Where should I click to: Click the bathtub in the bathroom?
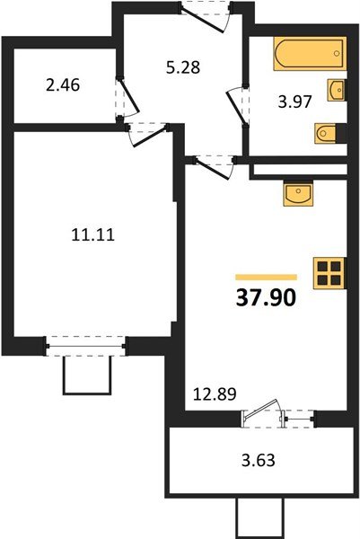(310, 53)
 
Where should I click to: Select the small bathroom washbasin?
(337, 90)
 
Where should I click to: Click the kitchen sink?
(298, 193)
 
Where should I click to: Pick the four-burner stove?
(329, 273)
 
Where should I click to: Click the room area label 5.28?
(183, 67)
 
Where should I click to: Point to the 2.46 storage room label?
(63, 85)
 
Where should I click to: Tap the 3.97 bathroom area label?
(294, 102)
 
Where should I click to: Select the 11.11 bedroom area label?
(93, 235)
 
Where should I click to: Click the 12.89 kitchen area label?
(215, 394)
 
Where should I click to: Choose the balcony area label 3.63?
(259, 460)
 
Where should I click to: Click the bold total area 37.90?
(266, 297)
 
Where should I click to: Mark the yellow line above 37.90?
(266, 277)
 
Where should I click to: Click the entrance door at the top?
(205, 16)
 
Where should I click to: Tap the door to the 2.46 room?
(127, 97)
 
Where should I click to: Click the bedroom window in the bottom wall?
(85, 346)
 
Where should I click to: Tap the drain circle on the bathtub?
(337, 53)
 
